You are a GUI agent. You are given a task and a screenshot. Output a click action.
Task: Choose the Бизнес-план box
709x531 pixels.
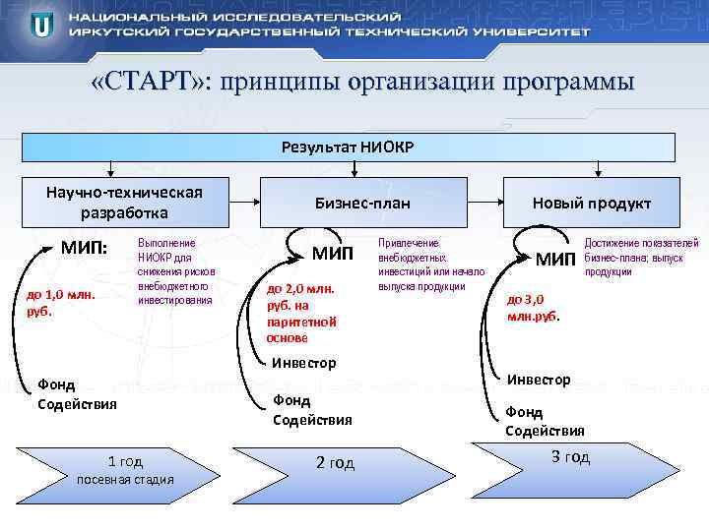(x=361, y=203)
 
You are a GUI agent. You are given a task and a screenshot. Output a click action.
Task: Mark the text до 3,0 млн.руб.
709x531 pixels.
(x=534, y=308)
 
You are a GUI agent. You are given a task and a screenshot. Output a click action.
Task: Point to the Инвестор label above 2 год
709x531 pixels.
(x=303, y=363)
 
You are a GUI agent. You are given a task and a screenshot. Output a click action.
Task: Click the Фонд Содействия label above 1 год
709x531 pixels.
(x=76, y=394)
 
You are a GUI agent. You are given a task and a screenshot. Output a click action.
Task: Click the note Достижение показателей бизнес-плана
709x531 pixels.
(x=641, y=257)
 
